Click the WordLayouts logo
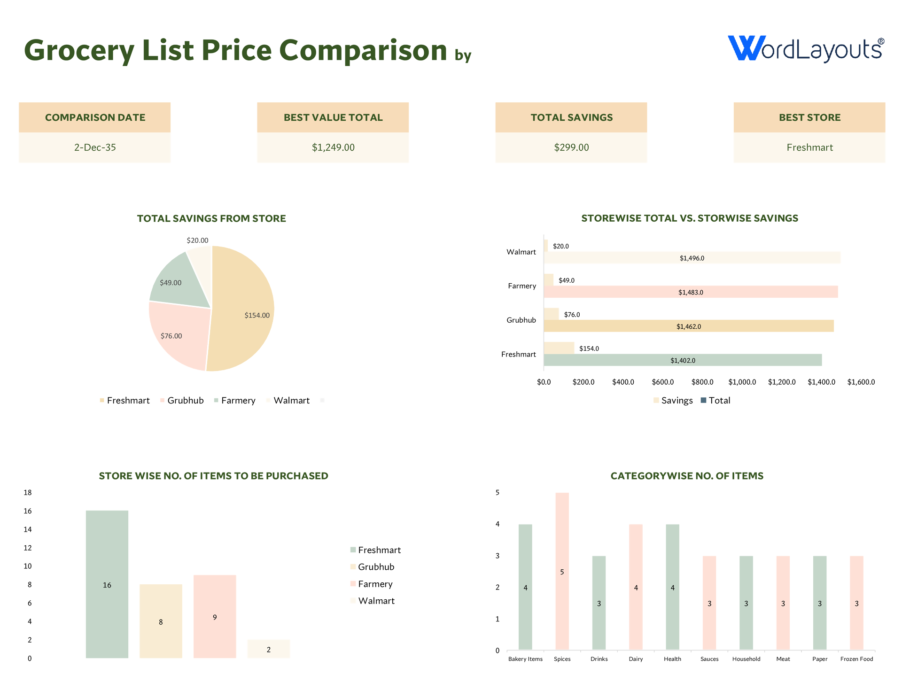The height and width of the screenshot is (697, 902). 805,49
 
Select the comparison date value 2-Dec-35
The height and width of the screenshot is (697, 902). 95,147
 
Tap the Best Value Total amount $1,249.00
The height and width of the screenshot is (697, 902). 333,147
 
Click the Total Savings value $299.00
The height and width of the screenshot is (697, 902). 571,147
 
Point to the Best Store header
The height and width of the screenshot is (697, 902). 809,117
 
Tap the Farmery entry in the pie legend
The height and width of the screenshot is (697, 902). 238,401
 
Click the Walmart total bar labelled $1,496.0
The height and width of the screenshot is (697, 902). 692,258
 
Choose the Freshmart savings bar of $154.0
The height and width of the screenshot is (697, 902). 559,348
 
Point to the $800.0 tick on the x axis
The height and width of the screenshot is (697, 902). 702,382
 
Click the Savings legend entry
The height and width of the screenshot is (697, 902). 676,401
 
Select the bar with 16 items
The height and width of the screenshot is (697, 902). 107,584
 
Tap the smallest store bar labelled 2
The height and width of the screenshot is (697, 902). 268,649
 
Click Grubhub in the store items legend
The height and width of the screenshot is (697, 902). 376,567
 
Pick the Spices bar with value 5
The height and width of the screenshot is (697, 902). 562,571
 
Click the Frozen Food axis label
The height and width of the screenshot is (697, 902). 856,659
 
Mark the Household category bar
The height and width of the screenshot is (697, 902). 746,603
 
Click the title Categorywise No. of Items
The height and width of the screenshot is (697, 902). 687,476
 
